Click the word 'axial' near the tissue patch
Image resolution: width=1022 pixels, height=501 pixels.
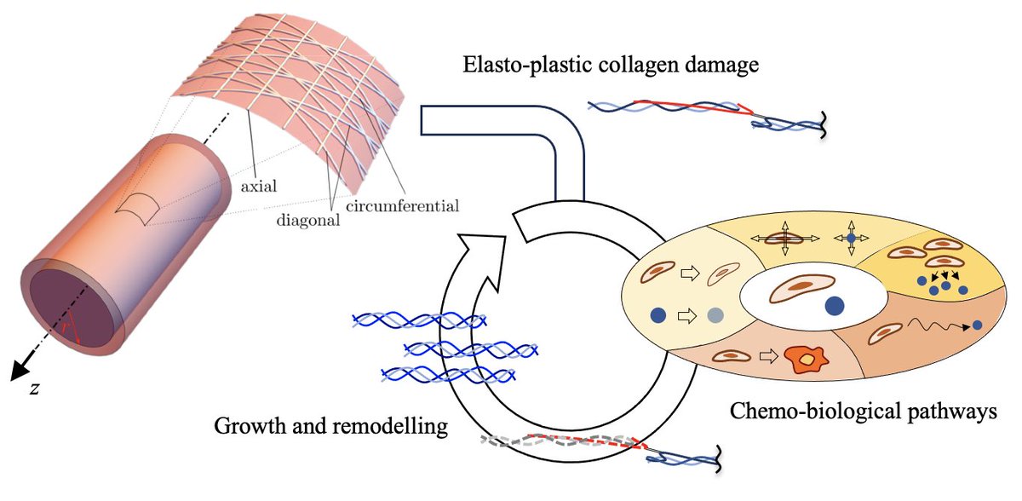pos(259,186)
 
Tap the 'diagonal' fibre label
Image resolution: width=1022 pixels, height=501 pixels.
pos(308,221)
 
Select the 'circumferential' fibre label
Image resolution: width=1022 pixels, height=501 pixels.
pos(402,206)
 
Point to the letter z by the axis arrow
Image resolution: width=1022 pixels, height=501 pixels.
pos(34,389)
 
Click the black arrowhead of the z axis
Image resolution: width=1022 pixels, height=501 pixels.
pos(19,370)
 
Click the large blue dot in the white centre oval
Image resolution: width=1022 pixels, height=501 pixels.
pos(835,306)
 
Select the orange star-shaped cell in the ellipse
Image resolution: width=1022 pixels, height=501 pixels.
pos(807,360)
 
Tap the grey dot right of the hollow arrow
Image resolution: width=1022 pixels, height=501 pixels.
pos(715,315)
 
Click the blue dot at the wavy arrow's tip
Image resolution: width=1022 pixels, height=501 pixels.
pos(977,325)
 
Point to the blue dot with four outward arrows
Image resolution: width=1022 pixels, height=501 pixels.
pos(851,238)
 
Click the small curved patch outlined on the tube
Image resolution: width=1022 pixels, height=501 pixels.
pos(137,209)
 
